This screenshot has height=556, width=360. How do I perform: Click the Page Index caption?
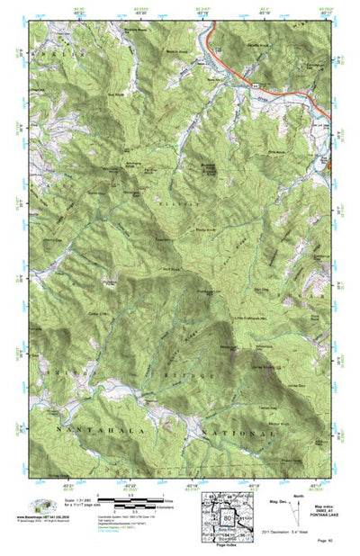[x=227, y=548]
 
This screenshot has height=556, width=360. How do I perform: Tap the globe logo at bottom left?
[x=40, y=505]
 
